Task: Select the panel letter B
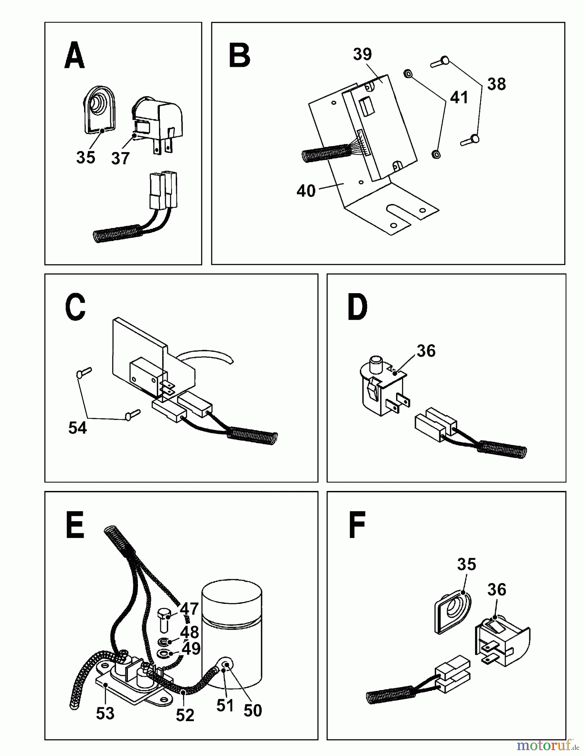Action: (x=240, y=56)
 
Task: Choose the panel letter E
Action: (x=75, y=525)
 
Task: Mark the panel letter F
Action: (x=357, y=525)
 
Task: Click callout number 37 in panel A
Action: (x=121, y=158)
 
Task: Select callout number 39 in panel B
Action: (x=362, y=54)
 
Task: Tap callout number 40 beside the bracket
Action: (x=306, y=191)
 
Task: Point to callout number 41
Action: (x=459, y=97)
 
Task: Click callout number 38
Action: (x=497, y=84)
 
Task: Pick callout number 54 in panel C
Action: (x=77, y=428)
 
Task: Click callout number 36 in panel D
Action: (x=426, y=351)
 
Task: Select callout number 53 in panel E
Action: (x=105, y=713)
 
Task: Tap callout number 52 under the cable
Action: (x=185, y=715)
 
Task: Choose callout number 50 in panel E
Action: (x=253, y=711)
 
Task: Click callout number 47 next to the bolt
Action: (x=189, y=609)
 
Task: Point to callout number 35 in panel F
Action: (x=466, y=564)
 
